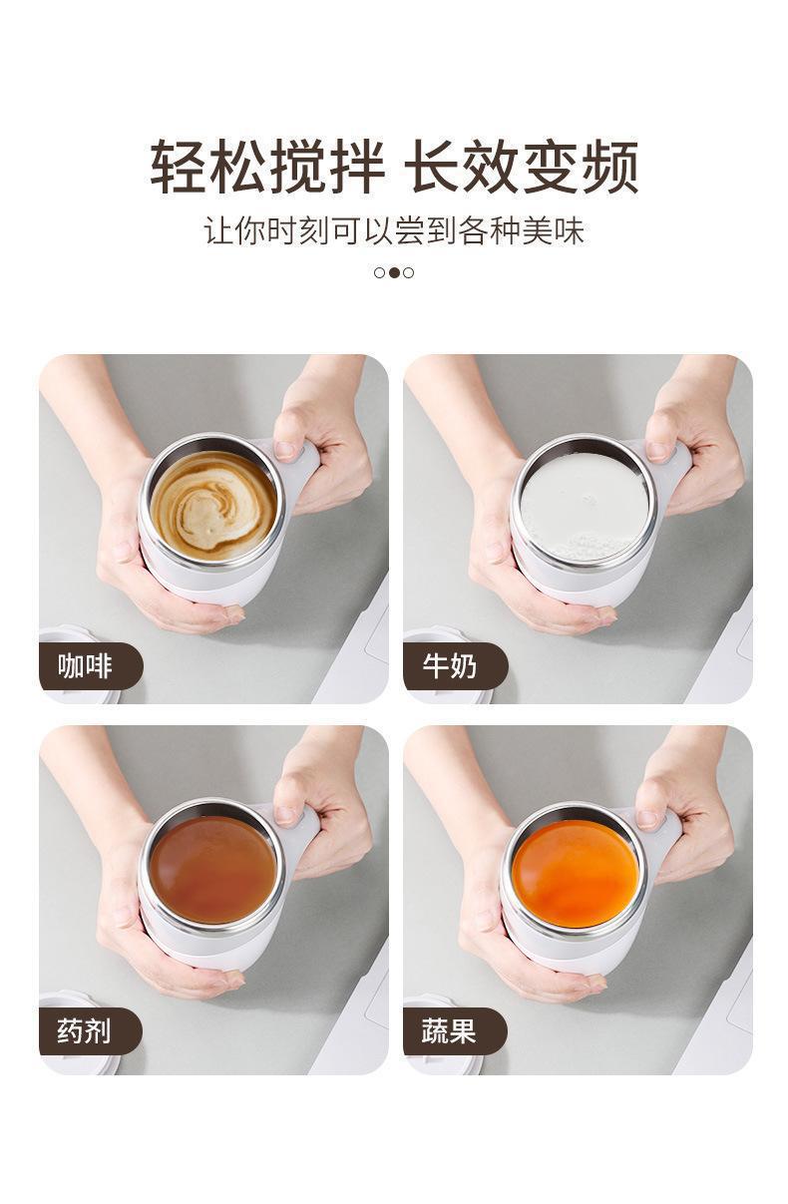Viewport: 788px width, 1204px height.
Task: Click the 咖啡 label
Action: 85,666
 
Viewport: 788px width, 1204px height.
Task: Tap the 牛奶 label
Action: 450,666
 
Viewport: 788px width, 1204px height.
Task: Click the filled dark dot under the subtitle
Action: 394,272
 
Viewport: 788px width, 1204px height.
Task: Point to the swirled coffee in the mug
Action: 213,506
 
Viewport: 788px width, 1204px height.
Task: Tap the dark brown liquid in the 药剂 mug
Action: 212,870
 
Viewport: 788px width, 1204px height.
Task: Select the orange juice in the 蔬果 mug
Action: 576,874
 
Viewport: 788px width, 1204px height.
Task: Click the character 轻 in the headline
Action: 179,167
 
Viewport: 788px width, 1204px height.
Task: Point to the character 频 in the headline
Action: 609,167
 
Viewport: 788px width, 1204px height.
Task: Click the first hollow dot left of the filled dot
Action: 379,272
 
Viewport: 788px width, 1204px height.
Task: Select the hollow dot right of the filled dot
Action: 409,272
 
